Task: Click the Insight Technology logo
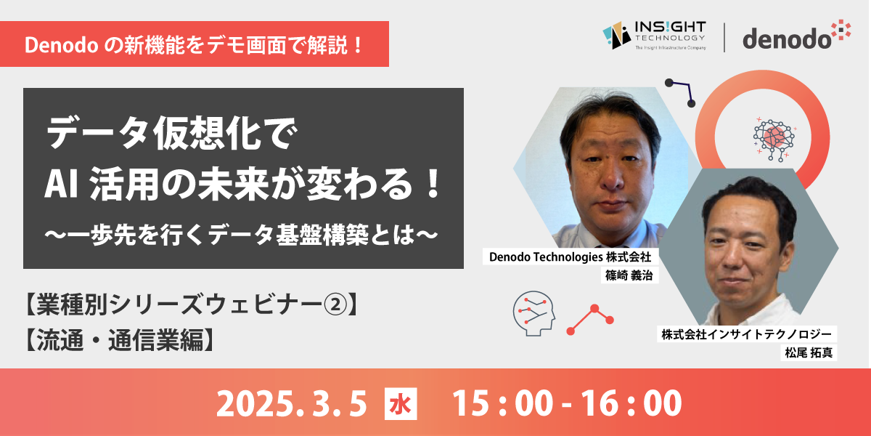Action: point(654,36)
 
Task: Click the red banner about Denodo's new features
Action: point(195,44)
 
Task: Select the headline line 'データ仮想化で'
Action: point(171,132)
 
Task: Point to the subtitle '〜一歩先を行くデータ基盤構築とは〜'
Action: point(241,235)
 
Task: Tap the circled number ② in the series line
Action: point(335,304)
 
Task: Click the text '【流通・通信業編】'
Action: point(120,340)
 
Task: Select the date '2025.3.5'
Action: point(291,404)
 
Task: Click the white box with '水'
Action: point(401,404)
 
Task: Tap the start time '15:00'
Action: point(502,404)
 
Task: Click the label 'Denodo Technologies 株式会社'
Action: point(570,257)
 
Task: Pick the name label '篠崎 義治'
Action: point(629,275)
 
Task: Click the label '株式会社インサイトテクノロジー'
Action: point(747,334)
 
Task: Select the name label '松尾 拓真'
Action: point(809,352)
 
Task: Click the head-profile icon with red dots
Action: point(534,313)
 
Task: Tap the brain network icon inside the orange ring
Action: point(774,139)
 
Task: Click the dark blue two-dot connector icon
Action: point(681,93)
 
